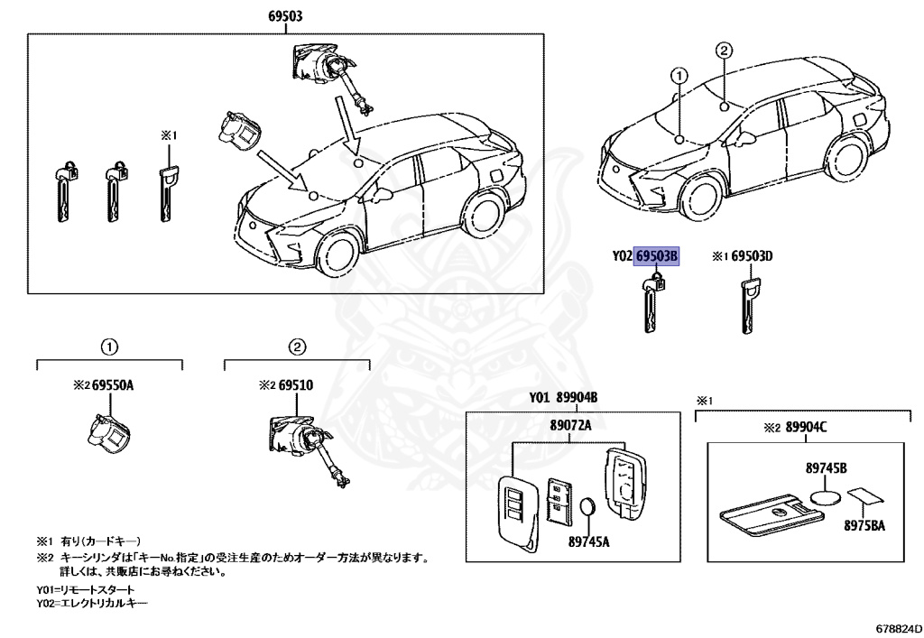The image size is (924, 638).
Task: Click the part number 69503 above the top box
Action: point(284,16)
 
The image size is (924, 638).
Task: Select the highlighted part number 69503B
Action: point(656,256)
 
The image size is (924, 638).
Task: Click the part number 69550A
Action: point(115,385)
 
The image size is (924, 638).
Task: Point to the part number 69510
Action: point(295,385)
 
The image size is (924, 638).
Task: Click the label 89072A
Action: point(569,425)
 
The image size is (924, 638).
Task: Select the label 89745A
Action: point(588,541)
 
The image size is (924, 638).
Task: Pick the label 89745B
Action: point(826,468)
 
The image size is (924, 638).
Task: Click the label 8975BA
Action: point(865,524)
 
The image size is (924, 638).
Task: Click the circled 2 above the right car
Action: point(725,51)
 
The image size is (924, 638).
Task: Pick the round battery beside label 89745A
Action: point(588,508)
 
